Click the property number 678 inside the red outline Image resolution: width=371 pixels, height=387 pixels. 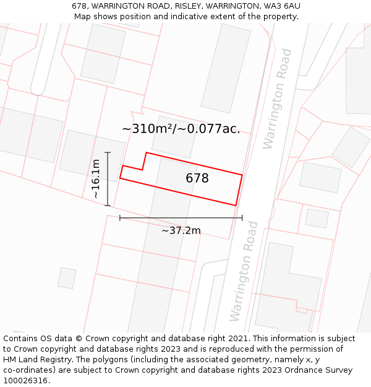coord(197,178)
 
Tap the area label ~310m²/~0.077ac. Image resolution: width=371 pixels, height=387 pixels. coord(181,129)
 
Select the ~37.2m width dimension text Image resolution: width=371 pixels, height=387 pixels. coord(181,230)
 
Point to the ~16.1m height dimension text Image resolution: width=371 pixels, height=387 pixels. coord(95,179)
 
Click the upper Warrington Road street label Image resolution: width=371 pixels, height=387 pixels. coord(277,99)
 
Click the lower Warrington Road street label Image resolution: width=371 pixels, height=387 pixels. coord(243,280)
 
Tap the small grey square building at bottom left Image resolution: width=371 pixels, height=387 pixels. coord(67,278)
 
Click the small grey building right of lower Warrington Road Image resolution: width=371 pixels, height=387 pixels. coord(317,218)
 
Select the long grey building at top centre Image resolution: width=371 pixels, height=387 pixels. coord(226,68)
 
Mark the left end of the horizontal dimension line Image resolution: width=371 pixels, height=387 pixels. coord(120,218)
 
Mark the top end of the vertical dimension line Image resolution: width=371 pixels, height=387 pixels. coord(108,152)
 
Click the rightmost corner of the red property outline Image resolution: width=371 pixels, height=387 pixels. coord(242,175)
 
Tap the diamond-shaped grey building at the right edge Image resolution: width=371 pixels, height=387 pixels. coord(351,147)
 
